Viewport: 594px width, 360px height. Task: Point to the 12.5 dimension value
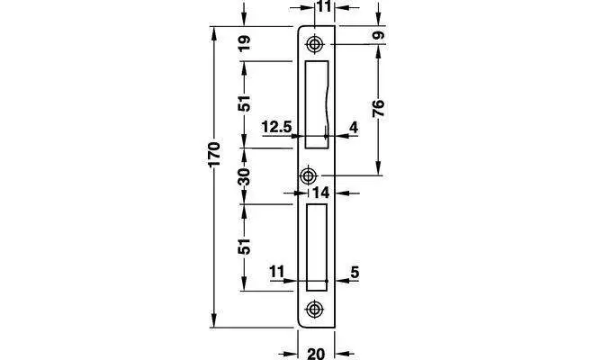tap(277, 127)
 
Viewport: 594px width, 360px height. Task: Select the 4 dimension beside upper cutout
tap(354, 127)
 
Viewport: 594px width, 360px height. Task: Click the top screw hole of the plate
tap(315, 44)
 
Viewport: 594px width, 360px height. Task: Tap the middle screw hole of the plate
tap(310, 175)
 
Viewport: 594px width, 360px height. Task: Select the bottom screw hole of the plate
tap(315, 310)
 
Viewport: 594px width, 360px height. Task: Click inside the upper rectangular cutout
tap(316, 103)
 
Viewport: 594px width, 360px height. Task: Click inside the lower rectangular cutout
tap(315, 246)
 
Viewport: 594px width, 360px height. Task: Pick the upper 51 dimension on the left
tap(244, 104)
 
